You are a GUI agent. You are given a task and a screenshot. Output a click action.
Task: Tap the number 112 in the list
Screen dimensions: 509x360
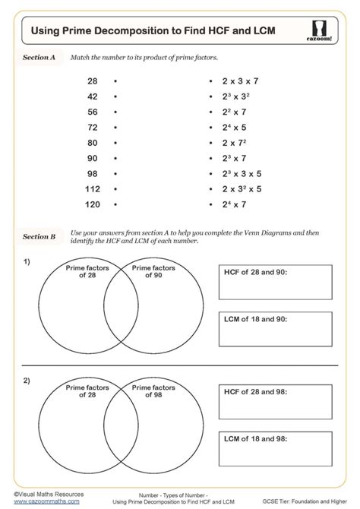tap(91, 189)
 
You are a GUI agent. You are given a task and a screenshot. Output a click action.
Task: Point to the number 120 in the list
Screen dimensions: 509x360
tap(91, 205)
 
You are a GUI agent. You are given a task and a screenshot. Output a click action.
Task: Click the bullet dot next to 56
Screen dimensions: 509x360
tap(114, 111)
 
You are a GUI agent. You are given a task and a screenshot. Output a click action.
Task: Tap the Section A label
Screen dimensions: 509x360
tap(39, 56)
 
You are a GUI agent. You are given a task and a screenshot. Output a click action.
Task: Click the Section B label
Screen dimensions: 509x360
tap(39, 236)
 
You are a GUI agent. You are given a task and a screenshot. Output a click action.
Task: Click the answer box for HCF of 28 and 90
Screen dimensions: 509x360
tap(276, 283)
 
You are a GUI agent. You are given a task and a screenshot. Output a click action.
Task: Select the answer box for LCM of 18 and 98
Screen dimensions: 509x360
tap(276, 451)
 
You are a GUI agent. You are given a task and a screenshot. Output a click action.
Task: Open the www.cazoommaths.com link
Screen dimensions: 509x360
tap(46, 501)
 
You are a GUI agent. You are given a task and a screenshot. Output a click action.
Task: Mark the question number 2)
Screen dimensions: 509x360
tap(27, 380)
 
